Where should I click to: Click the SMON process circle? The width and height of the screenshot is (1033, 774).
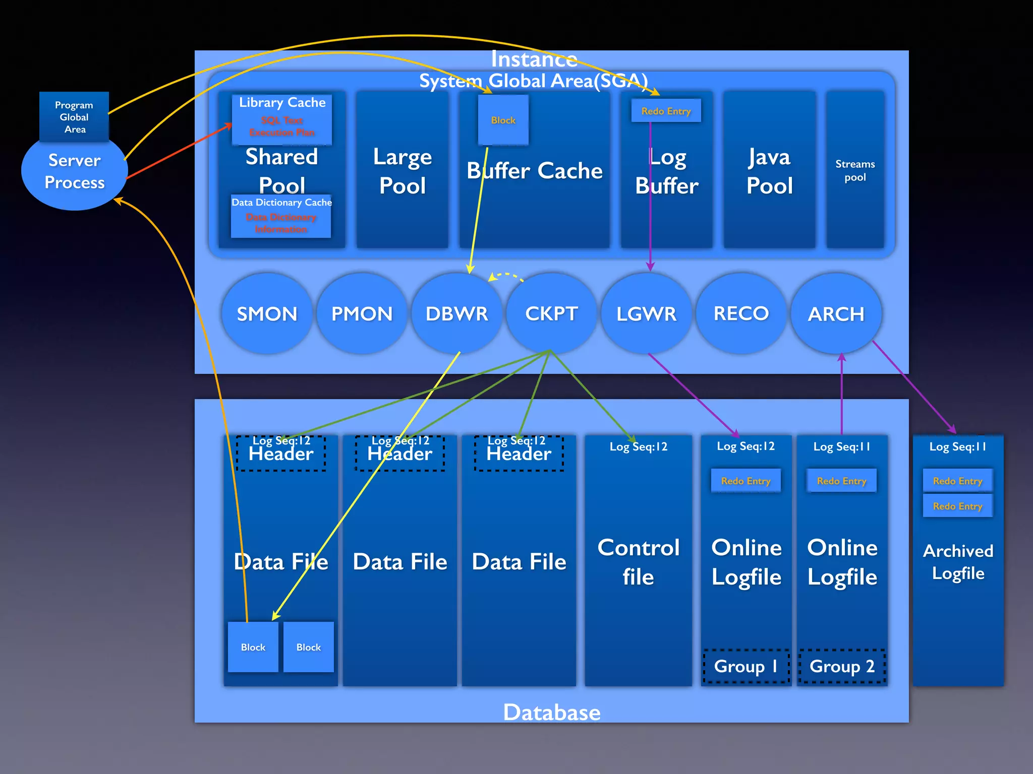(267, 313)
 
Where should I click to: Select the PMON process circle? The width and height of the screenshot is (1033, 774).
(362, 313)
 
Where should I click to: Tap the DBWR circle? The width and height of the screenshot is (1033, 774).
(456, 313)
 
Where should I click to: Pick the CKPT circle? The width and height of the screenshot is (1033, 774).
(551, 313)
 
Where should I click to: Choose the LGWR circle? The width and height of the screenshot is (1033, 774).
(646, 313)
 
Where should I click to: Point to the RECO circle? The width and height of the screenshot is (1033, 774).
(741, 313)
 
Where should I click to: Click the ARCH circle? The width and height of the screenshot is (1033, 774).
(836, 313)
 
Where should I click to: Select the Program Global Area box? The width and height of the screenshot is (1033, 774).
(74, 117)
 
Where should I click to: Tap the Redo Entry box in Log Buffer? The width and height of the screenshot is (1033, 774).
(666, 111)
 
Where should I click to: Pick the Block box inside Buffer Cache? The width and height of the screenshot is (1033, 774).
(503, 120)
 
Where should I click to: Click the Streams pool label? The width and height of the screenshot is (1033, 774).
(855, 170)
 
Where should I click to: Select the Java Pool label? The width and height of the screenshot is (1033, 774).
(769, 171)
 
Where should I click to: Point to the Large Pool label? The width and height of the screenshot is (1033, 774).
(402, 171)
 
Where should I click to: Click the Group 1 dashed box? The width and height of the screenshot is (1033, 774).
(746, 666)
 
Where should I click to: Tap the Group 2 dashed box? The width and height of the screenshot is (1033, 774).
(842, 666)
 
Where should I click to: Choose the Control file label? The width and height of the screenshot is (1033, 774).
(638, 562)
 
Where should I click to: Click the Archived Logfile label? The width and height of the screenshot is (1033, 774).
(958, 562)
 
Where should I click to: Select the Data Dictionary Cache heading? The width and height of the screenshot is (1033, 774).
(281, 202)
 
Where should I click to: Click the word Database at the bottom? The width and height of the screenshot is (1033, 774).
(551, 712)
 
